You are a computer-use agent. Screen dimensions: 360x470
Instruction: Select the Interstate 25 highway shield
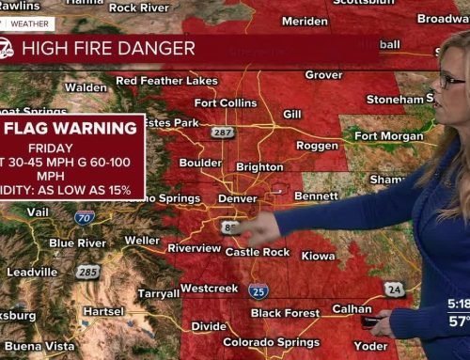coord(258,292)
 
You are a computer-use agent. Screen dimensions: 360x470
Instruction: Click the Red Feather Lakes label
coord(166,81)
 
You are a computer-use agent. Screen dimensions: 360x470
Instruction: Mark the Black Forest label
coord(287,313)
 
